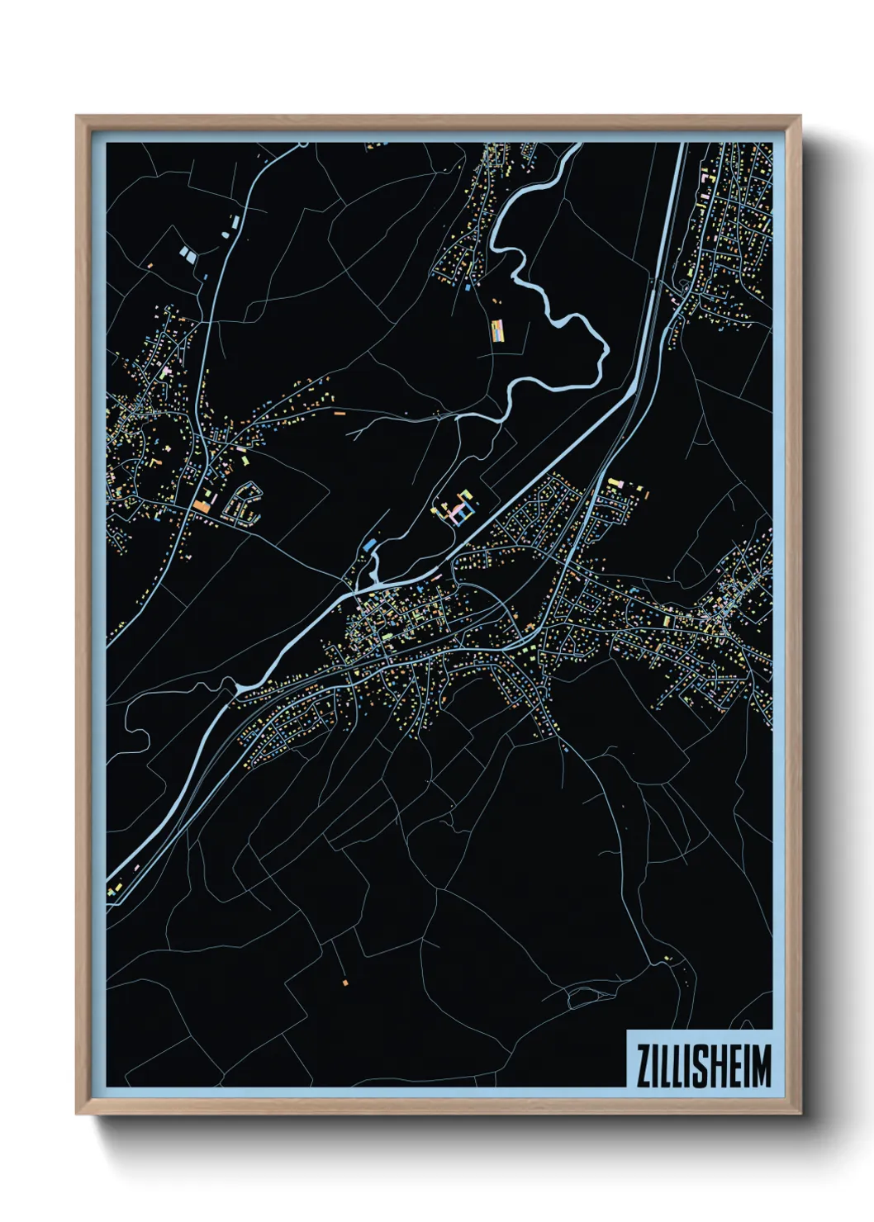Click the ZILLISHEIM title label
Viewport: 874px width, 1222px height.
click(701, 1066)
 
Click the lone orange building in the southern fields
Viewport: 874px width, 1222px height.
click(345, 983)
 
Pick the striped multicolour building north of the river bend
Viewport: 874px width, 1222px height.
click(497, 331)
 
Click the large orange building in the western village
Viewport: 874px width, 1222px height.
click(203, 504)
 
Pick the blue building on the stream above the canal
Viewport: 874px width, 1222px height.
click(368, 544)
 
